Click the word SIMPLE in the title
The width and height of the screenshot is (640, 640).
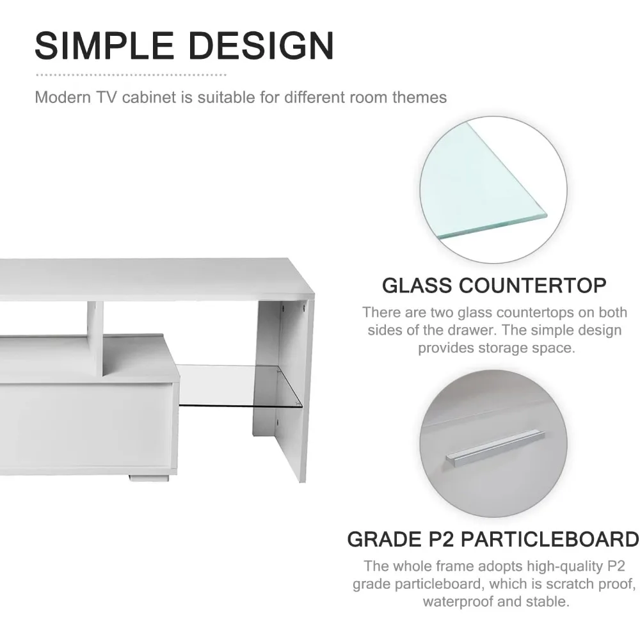[104, 45]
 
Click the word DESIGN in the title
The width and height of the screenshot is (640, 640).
[262, 45]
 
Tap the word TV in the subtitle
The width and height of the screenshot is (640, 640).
[106, 97]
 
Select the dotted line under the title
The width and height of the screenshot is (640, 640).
[131, 75]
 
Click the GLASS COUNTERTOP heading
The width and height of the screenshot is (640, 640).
[494, 285]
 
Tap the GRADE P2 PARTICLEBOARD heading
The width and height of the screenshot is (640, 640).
[493, 539]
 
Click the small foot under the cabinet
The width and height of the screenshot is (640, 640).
[148, 477]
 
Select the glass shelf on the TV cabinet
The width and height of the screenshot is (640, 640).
[241, 386]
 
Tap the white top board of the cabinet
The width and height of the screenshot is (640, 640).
[157, 279]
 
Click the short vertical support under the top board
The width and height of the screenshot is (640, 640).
[95, 339]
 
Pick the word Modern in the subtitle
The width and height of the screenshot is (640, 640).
[63, 97]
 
